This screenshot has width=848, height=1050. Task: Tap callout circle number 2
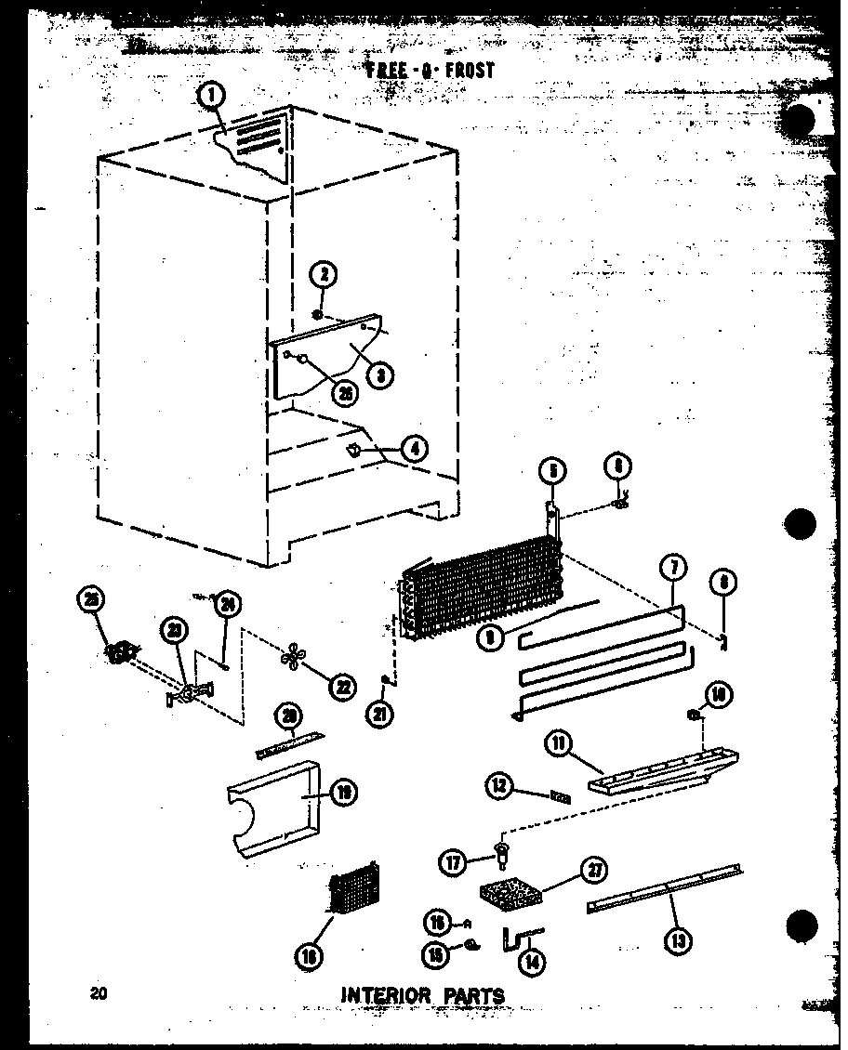(x=324, y=275)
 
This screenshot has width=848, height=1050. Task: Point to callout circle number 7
(x=671, y=569)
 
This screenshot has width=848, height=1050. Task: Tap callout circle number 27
(x=591, y=871)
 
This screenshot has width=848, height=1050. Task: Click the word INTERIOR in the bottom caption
(x=381, y=995)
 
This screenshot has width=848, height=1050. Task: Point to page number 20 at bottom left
(x=98, y=992)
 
